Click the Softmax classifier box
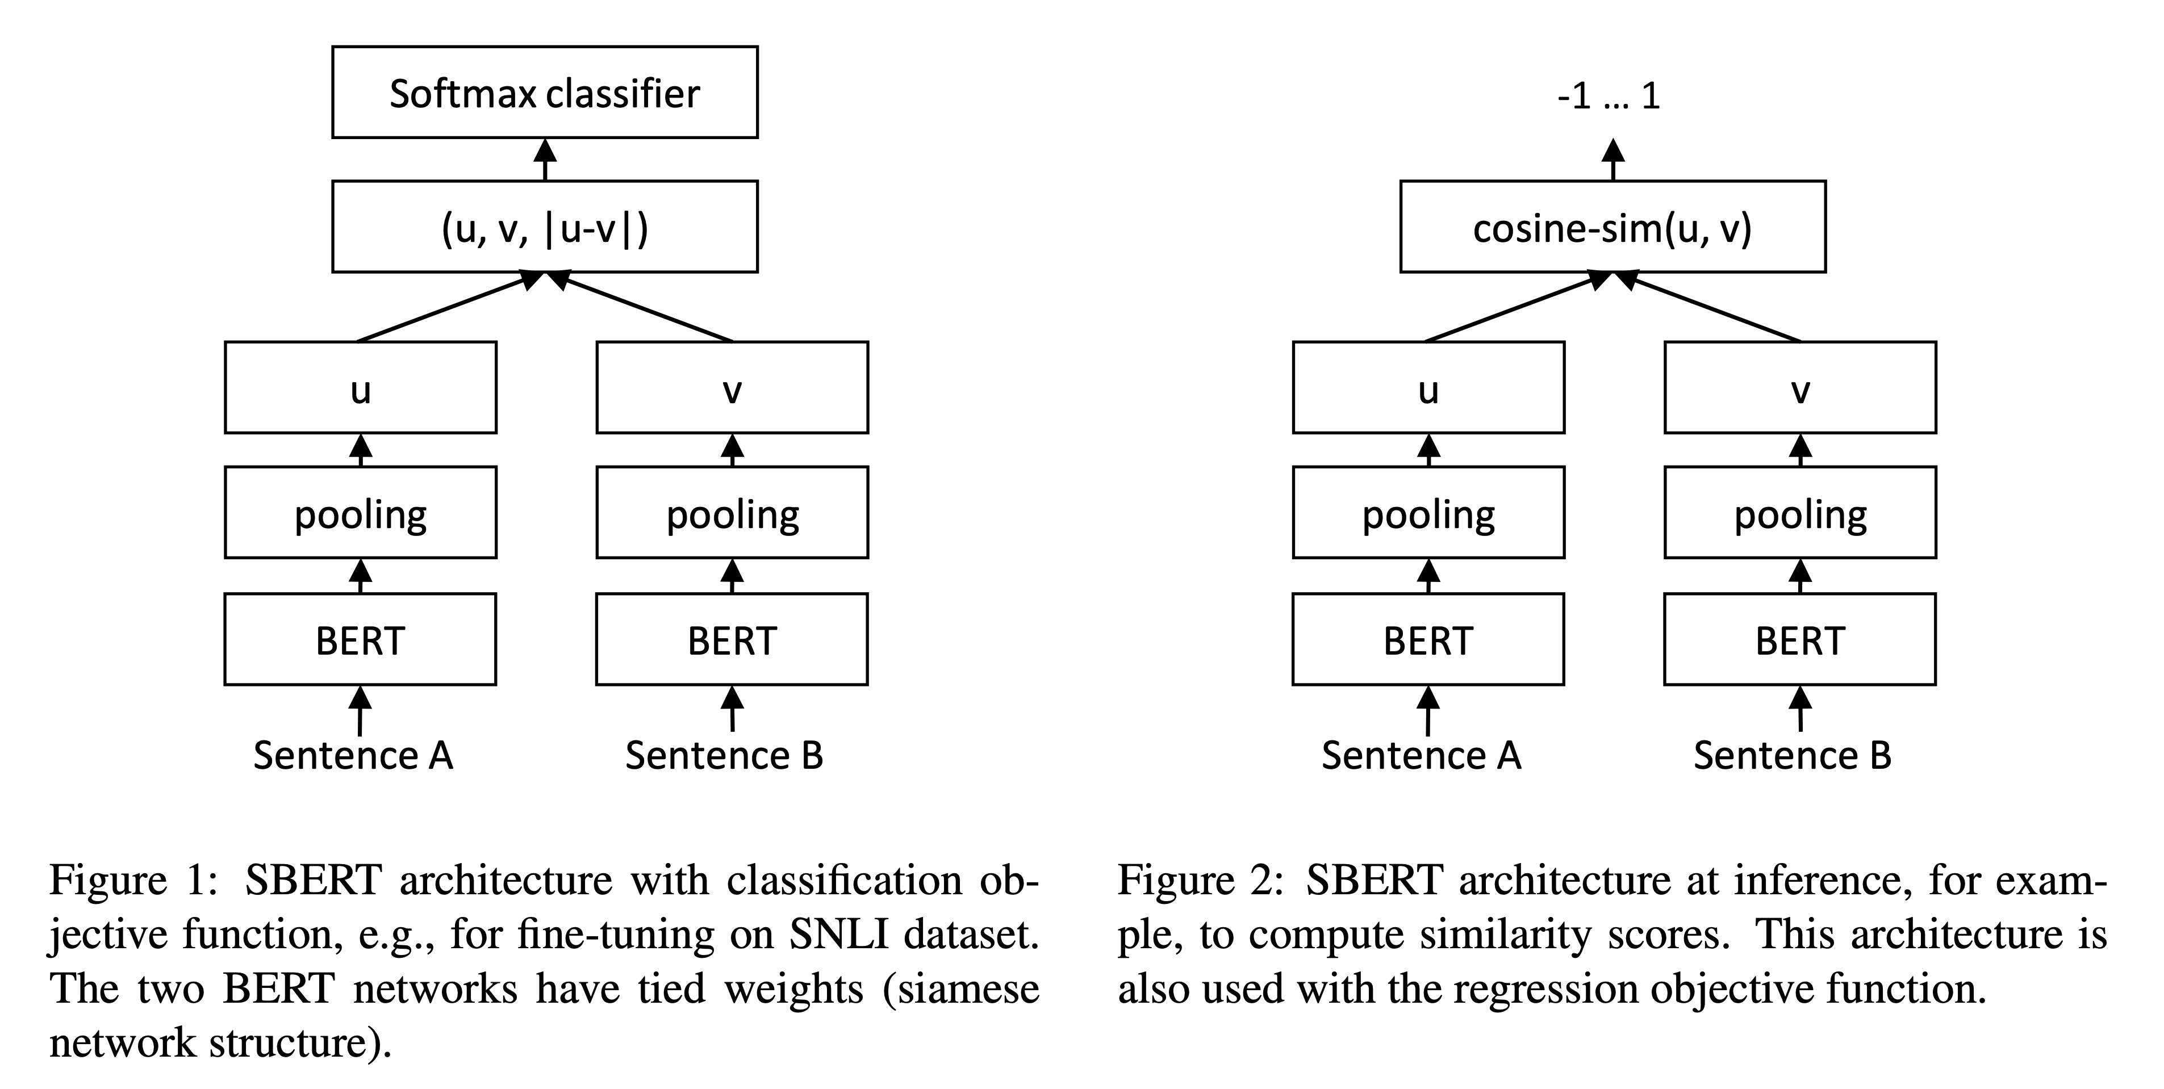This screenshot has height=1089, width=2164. coord(544,93)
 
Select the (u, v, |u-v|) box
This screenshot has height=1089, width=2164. coord(544,227)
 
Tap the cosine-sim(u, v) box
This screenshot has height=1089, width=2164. coord(1612,227)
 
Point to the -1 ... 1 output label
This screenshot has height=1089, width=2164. coord(1608,97)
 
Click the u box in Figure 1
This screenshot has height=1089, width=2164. coord(361,388)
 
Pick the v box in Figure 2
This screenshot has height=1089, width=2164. coord(1799,388)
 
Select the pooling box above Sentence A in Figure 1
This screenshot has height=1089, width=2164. coord(361,513)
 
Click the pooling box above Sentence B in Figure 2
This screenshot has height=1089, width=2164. coord(1799,513)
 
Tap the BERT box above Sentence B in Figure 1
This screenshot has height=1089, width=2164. coord(732,640)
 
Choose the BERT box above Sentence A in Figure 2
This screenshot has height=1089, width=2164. coord(1428,640)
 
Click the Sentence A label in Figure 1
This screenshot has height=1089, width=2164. coord(353,756)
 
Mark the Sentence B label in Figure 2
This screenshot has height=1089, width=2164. coord(1792,756)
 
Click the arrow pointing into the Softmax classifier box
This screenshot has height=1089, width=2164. coord(545,160)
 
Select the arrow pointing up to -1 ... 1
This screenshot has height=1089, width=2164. coord(1613,160)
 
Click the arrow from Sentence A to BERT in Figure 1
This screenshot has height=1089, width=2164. coord(361,710)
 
